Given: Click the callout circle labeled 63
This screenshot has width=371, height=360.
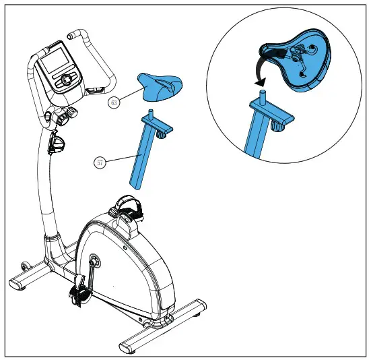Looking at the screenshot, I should pyautogui.click(x=114, y=102).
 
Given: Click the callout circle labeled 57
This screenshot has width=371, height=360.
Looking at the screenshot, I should pyautogui.click(x=100, y=162).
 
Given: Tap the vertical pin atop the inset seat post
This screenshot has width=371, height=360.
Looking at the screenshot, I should pyautogui.click(x=263, y=91).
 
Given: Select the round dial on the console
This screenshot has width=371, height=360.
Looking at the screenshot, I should pyautogui.click(x=67, y=81).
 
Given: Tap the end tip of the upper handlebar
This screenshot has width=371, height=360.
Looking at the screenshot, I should pyautogui.click(x=71, y=34).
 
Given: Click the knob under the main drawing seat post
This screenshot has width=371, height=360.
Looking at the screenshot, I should pyautogui.click(x=161, y=133).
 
